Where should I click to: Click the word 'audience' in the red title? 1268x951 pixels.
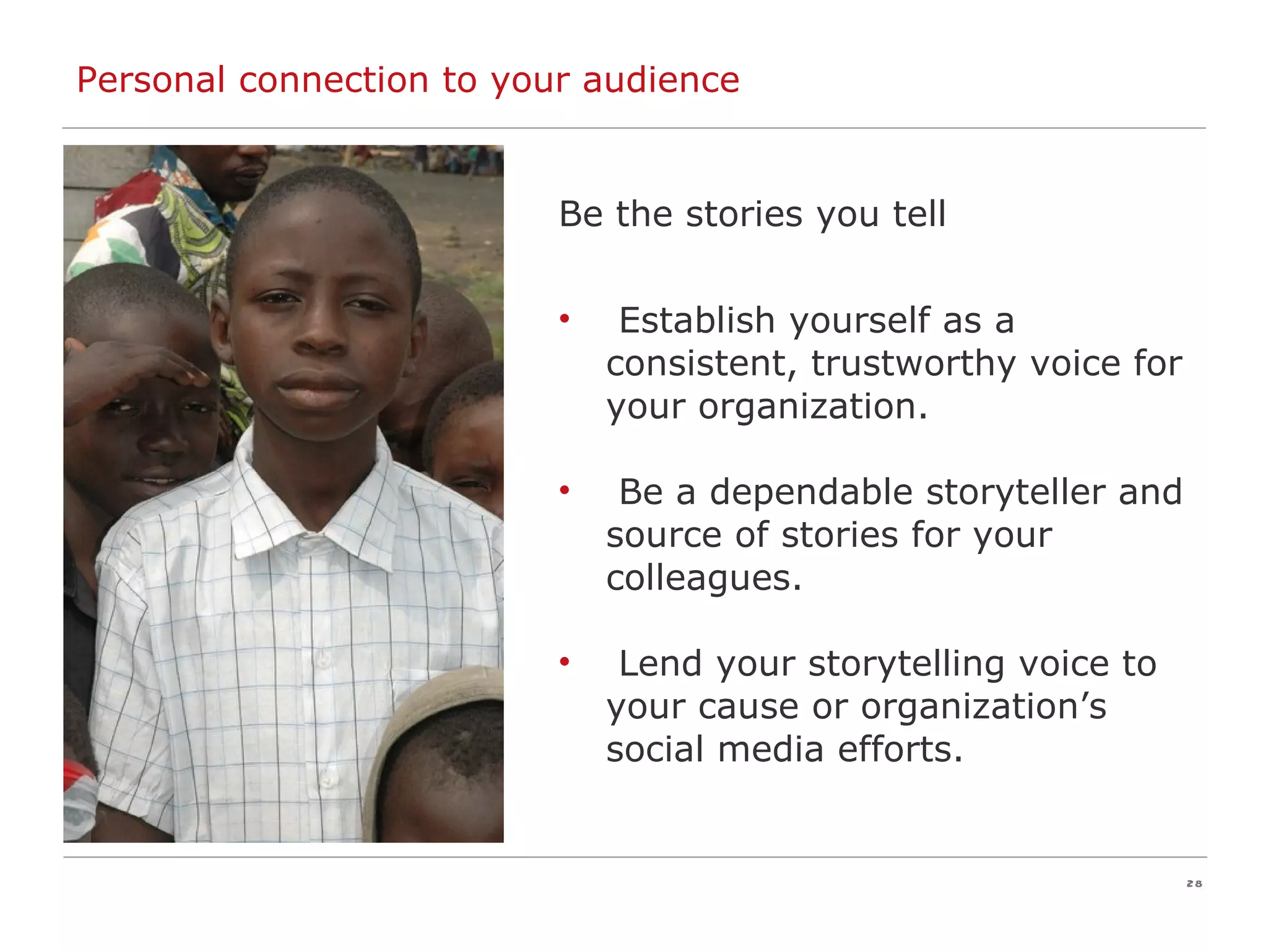(661, 80)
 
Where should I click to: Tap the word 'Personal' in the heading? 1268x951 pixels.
(150, 80)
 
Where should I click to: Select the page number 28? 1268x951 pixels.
(1194, 884)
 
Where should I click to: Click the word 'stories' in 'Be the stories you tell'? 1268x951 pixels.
(744, 214)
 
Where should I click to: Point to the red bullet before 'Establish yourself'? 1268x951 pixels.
(564, 319)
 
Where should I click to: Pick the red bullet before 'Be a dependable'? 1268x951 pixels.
(564, 491)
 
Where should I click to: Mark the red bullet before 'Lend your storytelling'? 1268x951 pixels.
(564, 662)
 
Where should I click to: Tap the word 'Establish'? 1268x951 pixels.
(697, 321)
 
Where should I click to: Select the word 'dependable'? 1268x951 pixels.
(811, 492)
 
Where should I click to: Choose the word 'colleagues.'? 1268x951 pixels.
(704, 578)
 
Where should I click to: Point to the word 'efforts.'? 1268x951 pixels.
(901, 749)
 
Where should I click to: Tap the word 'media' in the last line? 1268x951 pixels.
(771, 749)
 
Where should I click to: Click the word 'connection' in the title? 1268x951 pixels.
(334, 80)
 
